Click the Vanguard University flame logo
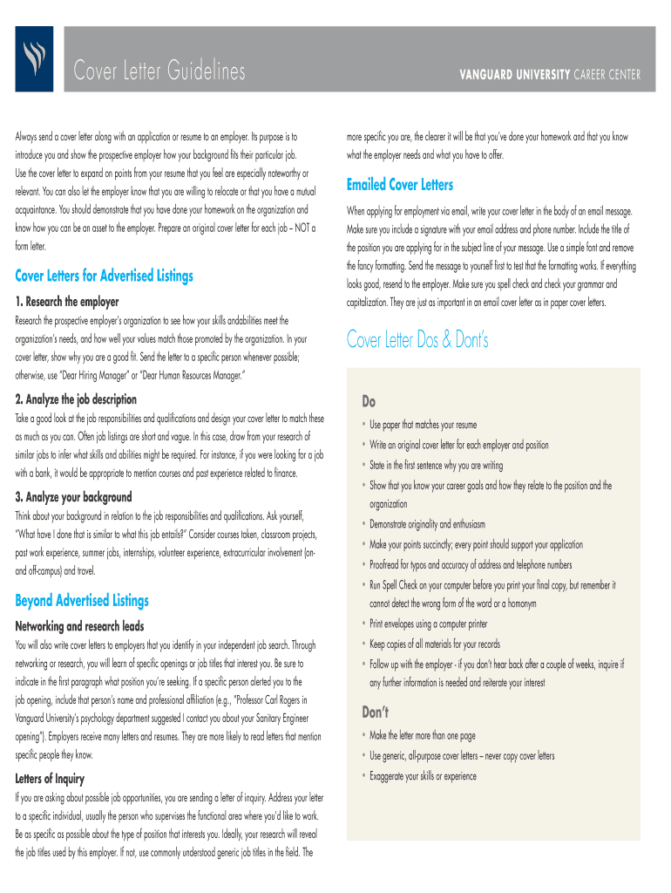point(34,58)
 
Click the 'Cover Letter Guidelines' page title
point(159,72)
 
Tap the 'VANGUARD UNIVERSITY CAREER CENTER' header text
point(549,75)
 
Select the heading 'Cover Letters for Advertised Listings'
point(105,276)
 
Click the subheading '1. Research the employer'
point(67,302)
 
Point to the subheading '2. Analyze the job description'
point(77,399)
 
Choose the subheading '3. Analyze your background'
point(74,496)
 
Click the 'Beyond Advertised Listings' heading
point(82,600)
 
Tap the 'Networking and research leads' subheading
point(80,626)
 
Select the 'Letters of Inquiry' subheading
point(50,777)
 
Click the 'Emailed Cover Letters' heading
point(400,185)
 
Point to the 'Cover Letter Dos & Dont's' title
point(417,339)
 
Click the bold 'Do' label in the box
point(369,402)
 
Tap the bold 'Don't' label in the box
point(376,712)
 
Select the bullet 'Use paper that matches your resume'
point(424,425)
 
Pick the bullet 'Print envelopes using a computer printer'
point(429,624)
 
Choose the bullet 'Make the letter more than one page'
point(423,735)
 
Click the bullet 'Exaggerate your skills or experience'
point(424,775)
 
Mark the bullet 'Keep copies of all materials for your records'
point(435,644)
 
